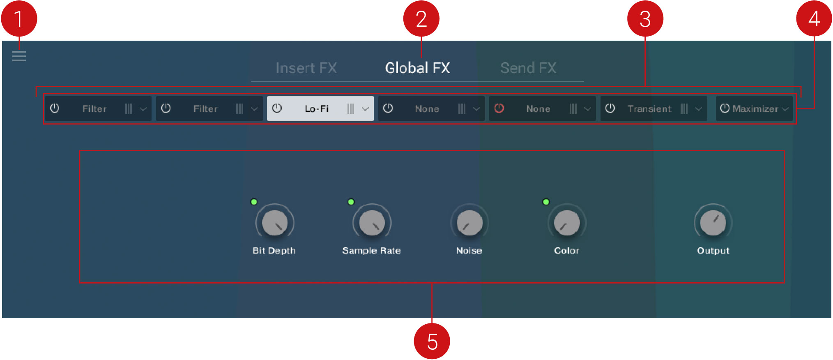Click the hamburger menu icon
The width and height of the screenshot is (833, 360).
[19, 56]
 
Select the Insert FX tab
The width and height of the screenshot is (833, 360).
[306, 68]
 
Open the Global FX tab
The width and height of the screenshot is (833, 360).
[417, 68]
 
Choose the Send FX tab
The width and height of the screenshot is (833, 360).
[528, 68]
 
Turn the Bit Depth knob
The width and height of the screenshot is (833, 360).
[274, 222]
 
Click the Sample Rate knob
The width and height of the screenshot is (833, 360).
[372, 222]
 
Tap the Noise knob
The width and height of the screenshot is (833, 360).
[469, 222]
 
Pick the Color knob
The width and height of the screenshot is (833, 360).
[567, 222]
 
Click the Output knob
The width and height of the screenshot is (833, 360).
[713, 222]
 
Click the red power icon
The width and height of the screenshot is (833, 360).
[499, 108]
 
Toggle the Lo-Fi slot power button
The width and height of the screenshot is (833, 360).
[277, 108]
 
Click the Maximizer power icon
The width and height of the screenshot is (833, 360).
[725, 108]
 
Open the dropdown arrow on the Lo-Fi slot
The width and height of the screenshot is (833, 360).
[365, 109]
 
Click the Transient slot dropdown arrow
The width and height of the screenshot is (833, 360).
[699, 109]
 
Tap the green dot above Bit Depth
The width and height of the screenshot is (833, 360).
[254, 201]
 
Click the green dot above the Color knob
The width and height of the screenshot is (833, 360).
[546, 201]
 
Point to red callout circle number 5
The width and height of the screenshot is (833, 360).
[432, 341]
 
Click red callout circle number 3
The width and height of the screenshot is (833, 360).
[645, 19]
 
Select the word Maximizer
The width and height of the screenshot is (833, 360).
[755, 108]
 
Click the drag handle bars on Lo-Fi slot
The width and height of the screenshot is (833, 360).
[350, 108]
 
